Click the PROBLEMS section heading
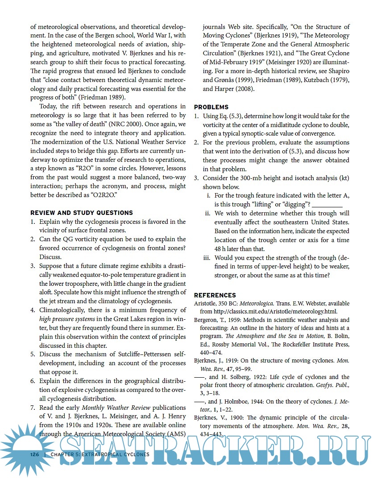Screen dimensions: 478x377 pos(211,107)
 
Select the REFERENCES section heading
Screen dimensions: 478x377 pos(215,295)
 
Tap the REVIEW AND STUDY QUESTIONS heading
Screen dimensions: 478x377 pos(82,213)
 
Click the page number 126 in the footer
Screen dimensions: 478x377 pos(35,454)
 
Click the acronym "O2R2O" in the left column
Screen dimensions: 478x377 pos(103,195)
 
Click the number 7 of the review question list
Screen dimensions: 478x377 pos(33,408)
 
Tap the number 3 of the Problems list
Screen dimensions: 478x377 pos(196,178)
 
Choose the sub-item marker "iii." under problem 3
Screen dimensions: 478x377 pos(207,258)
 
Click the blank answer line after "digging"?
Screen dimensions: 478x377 pos(327,205)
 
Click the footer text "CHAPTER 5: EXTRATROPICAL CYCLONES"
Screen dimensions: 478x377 pos(100,454)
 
